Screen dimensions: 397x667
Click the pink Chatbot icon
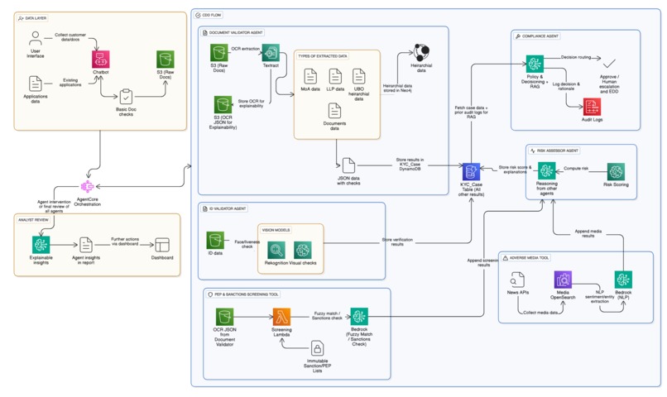pyautogui.click(x=101, y=59)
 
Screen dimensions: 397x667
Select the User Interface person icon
pyautogui.click(x=36, y=38)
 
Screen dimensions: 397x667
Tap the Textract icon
pyautogui.click(x=271, y=52)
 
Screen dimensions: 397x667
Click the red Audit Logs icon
pyautogui.click(x=592, y=107)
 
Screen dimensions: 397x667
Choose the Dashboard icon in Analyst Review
pyautogui.click(x=162, y=244)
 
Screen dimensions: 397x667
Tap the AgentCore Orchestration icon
pyautogui.click(x=89, y=189)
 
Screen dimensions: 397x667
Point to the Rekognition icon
pyautogui.click(x=276, y=249)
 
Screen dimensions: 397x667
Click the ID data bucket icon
pyautogui.click(x=216, y=240)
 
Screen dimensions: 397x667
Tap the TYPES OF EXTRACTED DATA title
pyautogui.click(x=324, y=55)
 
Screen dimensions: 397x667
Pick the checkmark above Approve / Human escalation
pyautogui.click(x=609, y=63)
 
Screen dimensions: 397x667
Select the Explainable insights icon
pyautogui.click(x=41, y=244)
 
